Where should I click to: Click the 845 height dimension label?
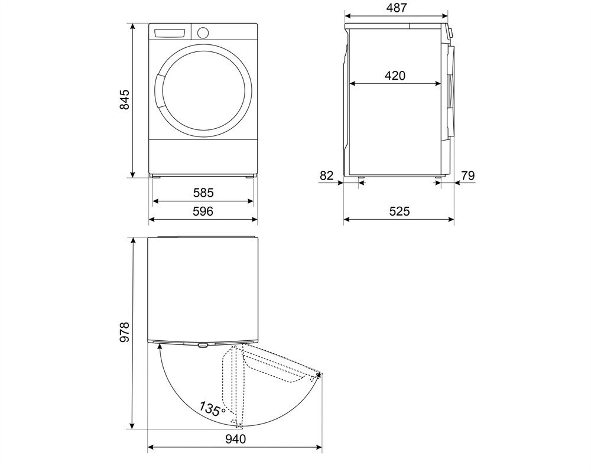tap(124, 100)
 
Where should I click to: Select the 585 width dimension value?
tap(203, 193)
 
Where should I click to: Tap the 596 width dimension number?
tap(203, 211)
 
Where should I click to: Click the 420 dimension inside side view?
tap(395, 76)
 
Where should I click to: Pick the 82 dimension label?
tap(326, 175)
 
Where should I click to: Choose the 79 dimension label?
tap(467, 175)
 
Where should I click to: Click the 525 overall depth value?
tap(399, 211)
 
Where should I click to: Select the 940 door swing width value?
tap(235, 439)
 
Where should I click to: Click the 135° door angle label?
tap(211, 409)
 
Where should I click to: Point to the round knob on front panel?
tap(203, 32)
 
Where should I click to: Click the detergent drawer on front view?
tap(170, 32)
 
